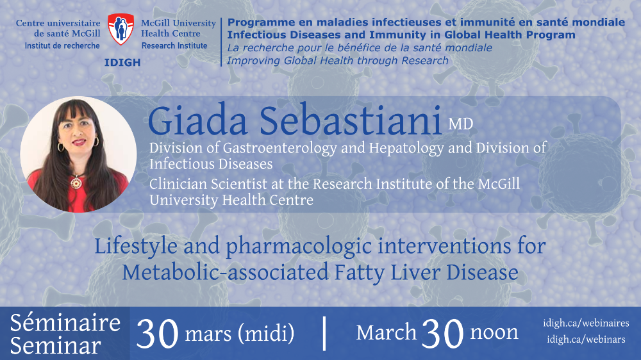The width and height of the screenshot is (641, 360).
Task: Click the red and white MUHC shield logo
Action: pyautogui.click(x=121, y=29)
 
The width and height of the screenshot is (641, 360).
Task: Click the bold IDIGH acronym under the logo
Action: pyautogui.click(x=122, y=63)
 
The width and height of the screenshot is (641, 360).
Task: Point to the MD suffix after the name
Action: pyautogui.click(x=461, y=124)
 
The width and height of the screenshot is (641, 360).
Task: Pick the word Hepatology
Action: pyautogui.click(x=406, y=149)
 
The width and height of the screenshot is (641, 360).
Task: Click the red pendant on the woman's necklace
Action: pyautogui.click(x=76, y=183)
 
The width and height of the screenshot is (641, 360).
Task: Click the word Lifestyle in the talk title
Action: pyautogui.click(x=136, y=247)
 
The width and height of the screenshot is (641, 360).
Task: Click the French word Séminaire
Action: pyautogui.click(x=65, y=323)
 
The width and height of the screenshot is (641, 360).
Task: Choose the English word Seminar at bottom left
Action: pyautogui.click(x=56, y=346)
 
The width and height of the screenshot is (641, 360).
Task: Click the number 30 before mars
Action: pyautogui.click(x=158, y=334)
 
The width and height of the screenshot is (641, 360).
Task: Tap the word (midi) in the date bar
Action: pyautogui.click(x=267, y=333)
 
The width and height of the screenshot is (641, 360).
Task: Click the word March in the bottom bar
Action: pyautogui.click(x=387, y=332)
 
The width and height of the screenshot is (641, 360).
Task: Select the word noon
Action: pyautogui.click(x=494, y=332)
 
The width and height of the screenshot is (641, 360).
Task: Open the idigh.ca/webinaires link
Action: pyautogui.click(x=587, y=323)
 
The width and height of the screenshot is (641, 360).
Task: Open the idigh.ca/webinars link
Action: pyautogui.click(x=587, y=339)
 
